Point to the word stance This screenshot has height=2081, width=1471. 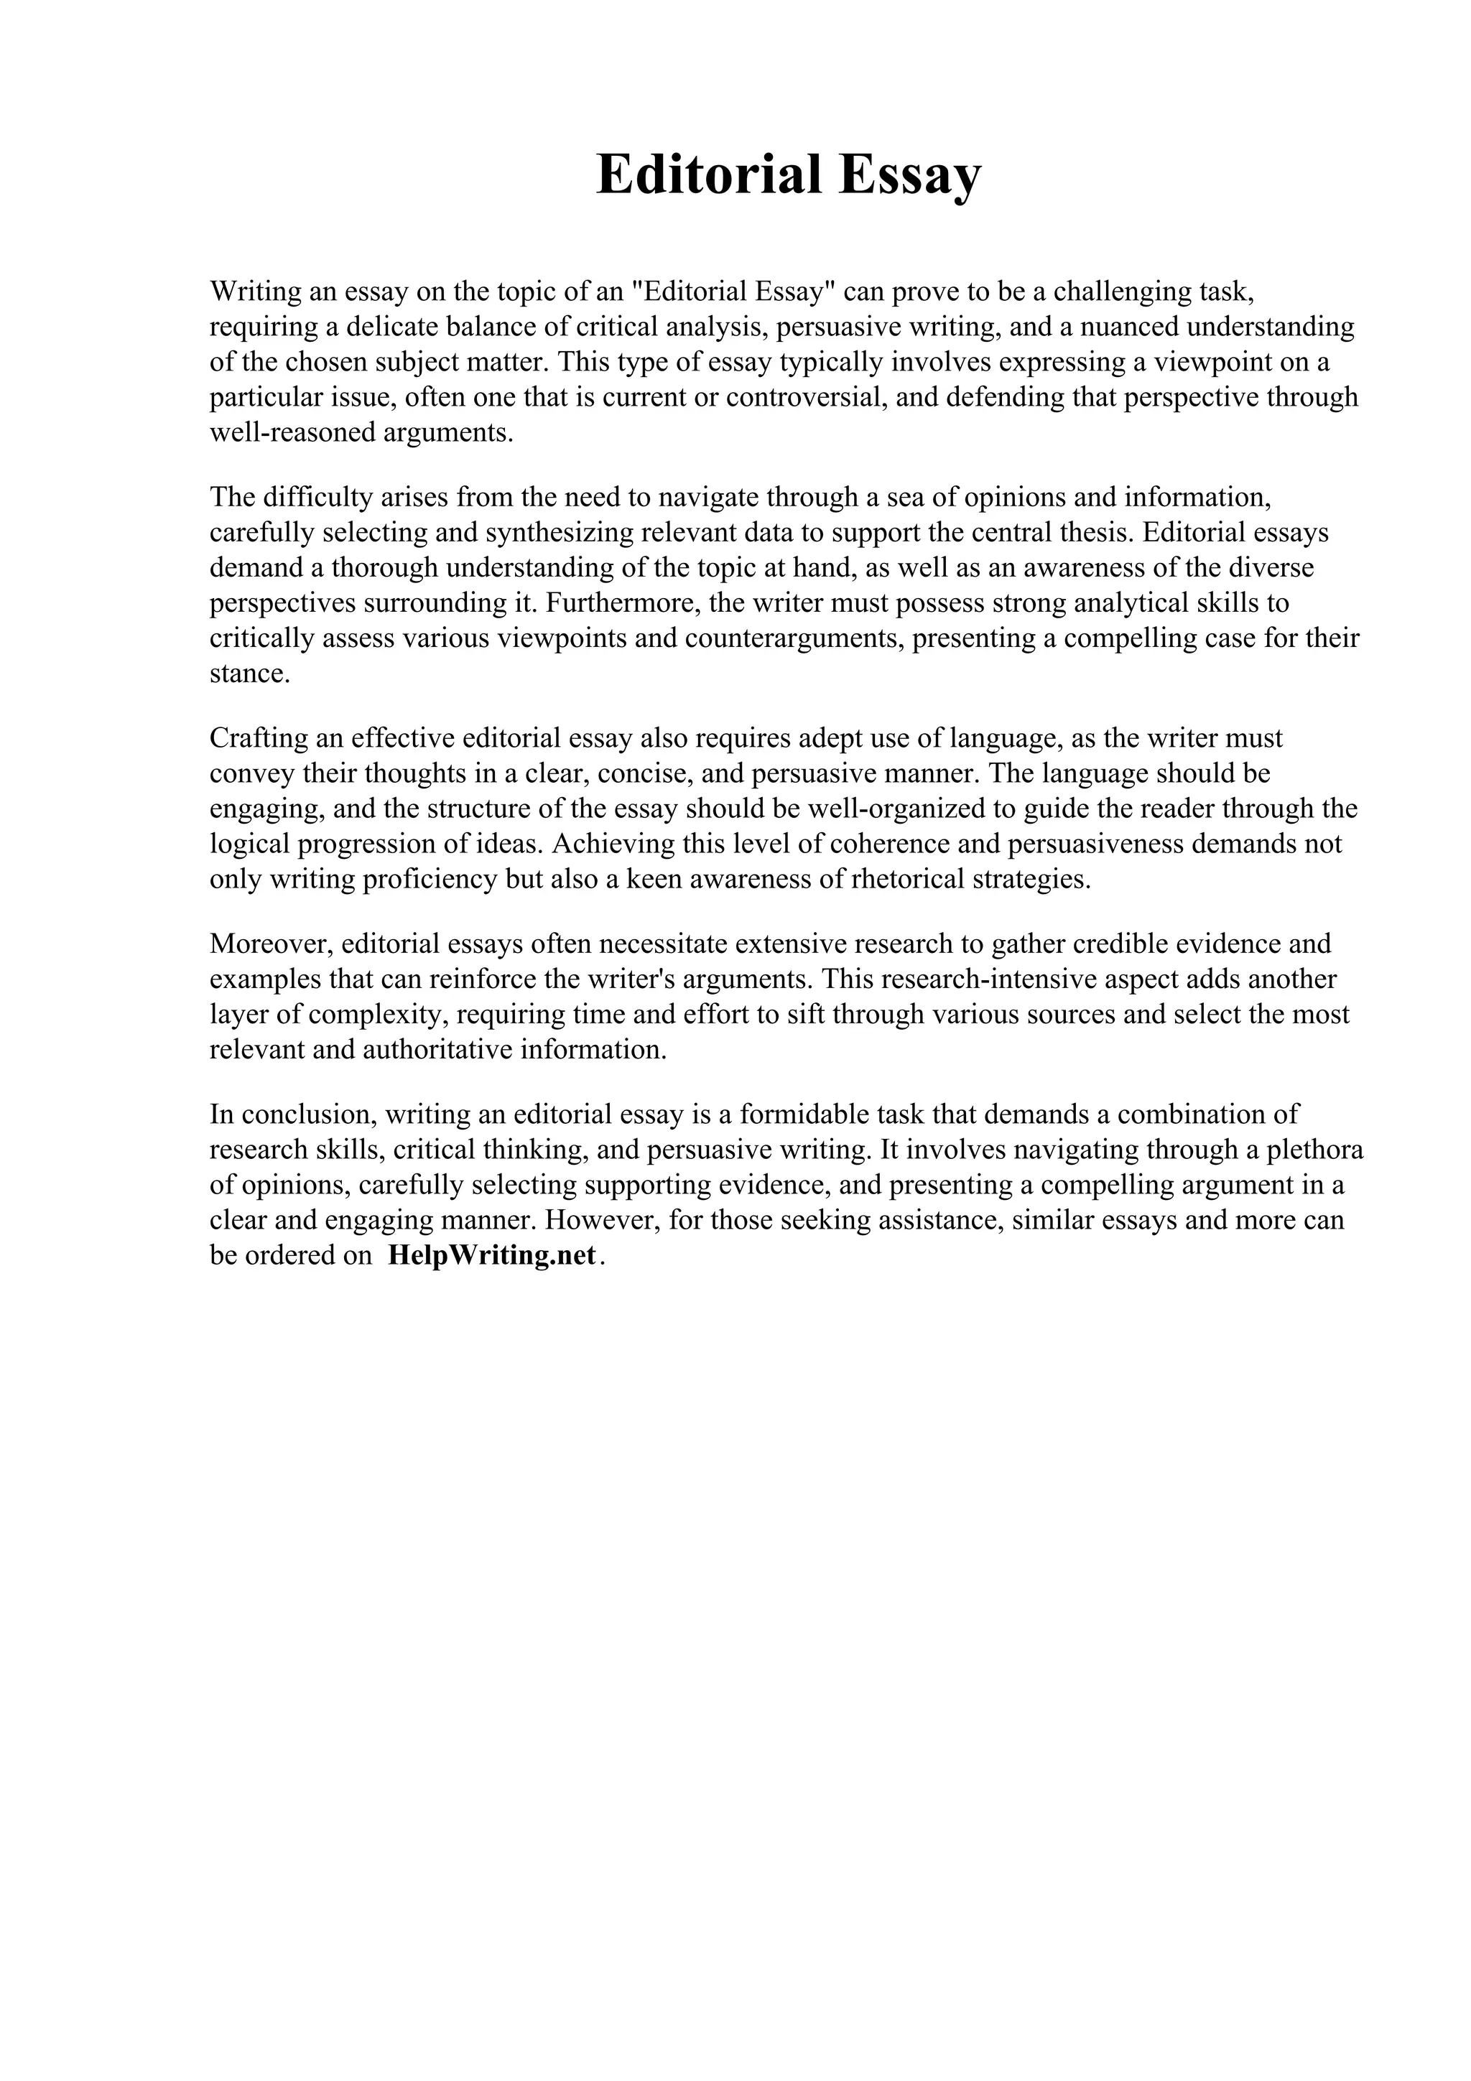pos(249,674)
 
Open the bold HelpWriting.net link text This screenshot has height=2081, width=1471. pos(492,1255)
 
